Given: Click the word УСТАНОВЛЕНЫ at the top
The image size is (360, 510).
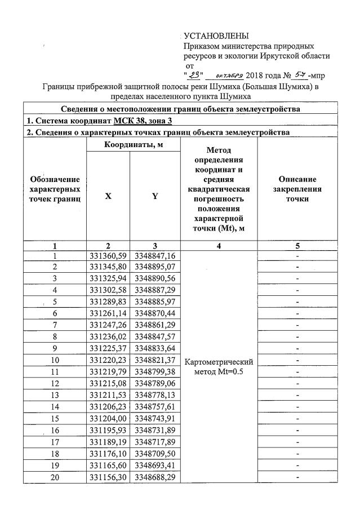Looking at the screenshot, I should click(216, 37).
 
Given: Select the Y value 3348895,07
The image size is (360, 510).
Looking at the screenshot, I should click(154, 266).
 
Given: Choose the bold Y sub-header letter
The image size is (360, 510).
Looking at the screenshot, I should click(154, 196).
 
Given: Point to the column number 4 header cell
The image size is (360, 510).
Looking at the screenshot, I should click(219, 245).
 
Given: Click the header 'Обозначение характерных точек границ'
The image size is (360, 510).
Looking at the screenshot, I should click(55, 189).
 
